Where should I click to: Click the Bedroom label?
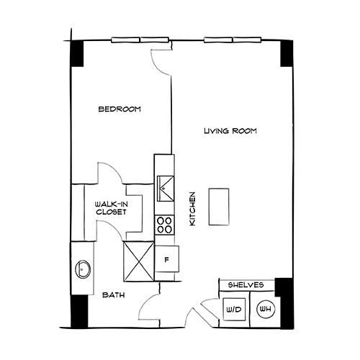tap(120, 109)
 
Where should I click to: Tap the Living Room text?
tap(230, 132)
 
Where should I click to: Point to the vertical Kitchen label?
tap(192, 210)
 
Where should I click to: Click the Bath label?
tap(112, 296)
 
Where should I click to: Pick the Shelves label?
tap(246, 286)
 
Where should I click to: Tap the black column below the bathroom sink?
tap(78, 310)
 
